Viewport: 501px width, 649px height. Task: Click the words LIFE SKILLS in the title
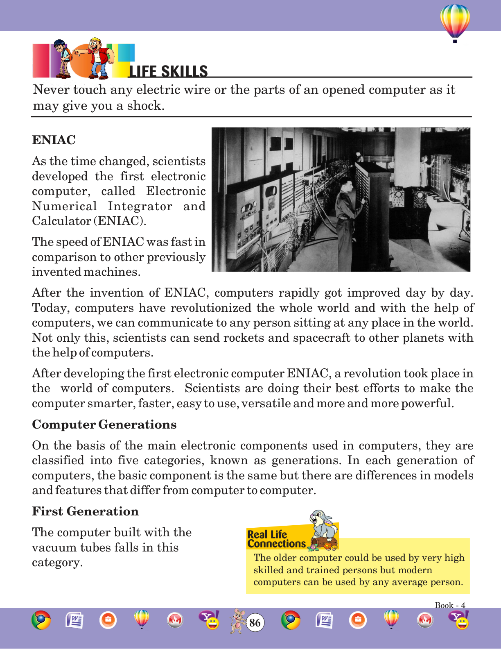pos(168,71)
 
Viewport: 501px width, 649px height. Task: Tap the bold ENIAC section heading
pos(54,140)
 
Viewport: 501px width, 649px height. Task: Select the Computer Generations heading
pos(104,424)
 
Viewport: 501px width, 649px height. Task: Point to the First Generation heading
pos(85,511)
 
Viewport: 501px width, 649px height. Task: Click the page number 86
pos(255,623)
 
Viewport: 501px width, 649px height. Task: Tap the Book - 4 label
pos(450,605)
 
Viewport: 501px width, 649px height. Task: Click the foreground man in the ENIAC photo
pos(349,213)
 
